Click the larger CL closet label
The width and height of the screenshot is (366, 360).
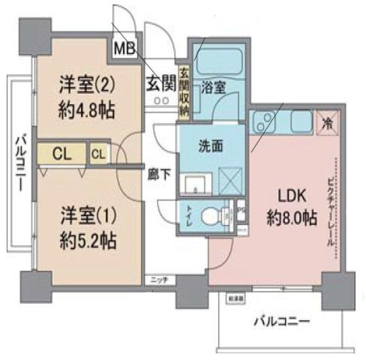(x=62, y=155)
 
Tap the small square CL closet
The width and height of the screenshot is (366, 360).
(x=98, y=155)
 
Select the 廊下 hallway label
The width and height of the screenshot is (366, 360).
(x=158, y=172)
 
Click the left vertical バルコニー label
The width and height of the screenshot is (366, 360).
(x=22, y=162)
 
